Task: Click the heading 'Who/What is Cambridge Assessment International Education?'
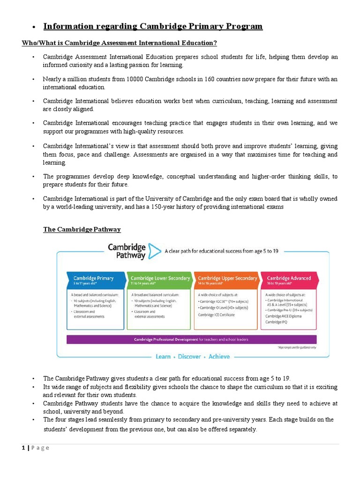(120, 43)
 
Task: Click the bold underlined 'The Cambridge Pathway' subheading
(82, 229)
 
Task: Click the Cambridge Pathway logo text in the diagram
(127, 251)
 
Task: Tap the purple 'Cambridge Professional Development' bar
(191, 339)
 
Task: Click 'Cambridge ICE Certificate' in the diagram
(216, 315)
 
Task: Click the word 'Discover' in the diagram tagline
(189, 357)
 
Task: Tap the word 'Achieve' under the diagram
(219, 357)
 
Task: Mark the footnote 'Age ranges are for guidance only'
(298, 347)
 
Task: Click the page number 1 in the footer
(23, 448)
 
